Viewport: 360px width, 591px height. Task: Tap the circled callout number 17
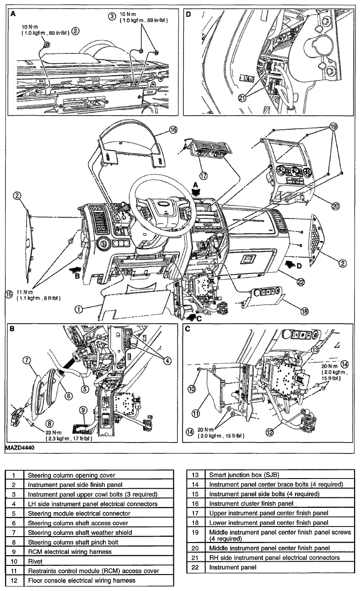pos(204,176)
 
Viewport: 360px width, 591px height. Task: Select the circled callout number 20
pos(335,206)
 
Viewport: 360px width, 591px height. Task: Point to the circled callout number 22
pos(301,282)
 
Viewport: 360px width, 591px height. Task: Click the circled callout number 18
pos(305,311)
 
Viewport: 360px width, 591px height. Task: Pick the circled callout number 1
pos(79,309)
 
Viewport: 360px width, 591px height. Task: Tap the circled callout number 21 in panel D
pos(242,98)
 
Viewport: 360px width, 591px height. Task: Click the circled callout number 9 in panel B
pos(83,410)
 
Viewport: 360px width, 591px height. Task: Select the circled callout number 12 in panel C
pos(270,432)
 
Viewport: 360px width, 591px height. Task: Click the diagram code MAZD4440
pos(20,448)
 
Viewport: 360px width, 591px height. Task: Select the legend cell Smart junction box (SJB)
pos(280,475)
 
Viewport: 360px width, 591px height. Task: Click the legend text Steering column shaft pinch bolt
pos(73,542)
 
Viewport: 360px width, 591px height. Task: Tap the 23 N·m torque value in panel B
pos(54,433)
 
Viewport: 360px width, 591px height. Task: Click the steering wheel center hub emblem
pos(161,204)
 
